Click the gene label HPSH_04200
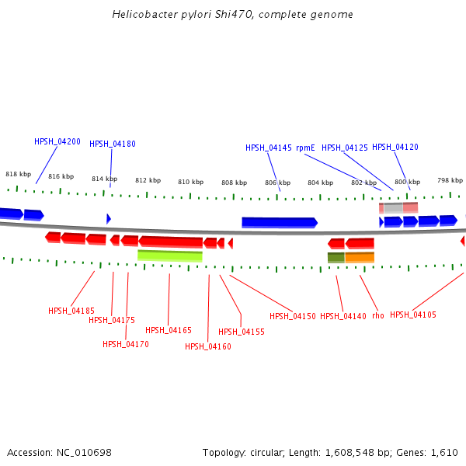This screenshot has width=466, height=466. pyautogui.click(x=57, y=141)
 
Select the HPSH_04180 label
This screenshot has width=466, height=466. pyautogui.click(x=113, y=144)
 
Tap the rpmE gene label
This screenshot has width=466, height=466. pyautogui.click(x=304, y=148)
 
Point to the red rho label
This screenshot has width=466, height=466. pyautogui.click(x=378, y=315)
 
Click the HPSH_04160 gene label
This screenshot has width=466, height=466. pyautogui.click(x=208, y=346)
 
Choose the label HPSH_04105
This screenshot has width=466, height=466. pyautogui.click(x=413, y=315)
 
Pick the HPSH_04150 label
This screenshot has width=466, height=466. pyautogui.click(x=293, y=316)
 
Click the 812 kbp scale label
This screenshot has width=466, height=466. pyautogui.click(x=148, y=180)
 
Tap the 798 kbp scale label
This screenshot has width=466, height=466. pyautogui.click(x=450, y=180)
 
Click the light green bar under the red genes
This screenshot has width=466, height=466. pyautogui.click(x=170, y=256)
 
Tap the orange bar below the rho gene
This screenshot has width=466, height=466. pyautogui.click(x=360, y=257)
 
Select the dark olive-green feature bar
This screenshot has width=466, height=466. pyautogui.click(x=336, y=257)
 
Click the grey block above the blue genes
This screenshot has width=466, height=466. pyautogui.click(x=393, y=207)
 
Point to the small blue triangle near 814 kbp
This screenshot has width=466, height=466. pyautogui.click(x=109, y=219)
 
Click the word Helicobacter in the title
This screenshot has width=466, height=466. pyautogui.click(x=142, y=15)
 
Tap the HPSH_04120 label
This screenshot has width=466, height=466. pyautogui.click(x=395, y=147)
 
